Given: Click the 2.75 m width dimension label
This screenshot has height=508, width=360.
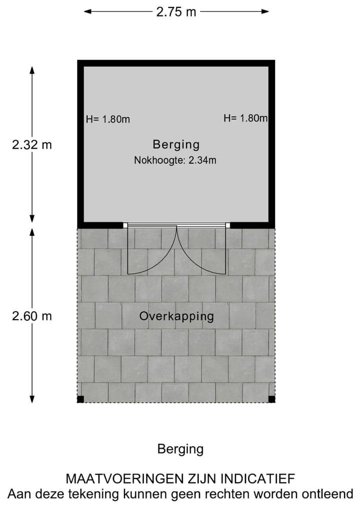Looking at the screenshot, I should coord(176,12).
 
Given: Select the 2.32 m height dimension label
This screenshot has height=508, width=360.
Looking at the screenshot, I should coord(32,145).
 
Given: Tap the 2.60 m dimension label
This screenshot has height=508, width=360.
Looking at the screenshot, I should coord(32,316).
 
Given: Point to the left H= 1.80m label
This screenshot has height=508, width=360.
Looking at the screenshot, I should coord(108,119).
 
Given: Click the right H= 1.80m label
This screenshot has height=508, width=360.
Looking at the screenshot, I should coord(245,118).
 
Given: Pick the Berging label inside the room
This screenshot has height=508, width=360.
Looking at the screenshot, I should coord(176,145).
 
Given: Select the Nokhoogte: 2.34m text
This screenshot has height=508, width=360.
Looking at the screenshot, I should coord(175,160).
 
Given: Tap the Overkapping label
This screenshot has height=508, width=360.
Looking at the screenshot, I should coord(176,316).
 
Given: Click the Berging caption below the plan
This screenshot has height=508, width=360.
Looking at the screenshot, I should coord(180,449).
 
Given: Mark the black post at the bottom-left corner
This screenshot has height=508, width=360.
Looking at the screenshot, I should coord(80,399).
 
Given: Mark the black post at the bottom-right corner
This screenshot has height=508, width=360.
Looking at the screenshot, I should coord(271,399).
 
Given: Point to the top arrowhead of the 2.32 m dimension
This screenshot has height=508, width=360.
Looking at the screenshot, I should coord(32,69).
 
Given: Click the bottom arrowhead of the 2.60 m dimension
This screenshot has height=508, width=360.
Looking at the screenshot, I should coord(32,399).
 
